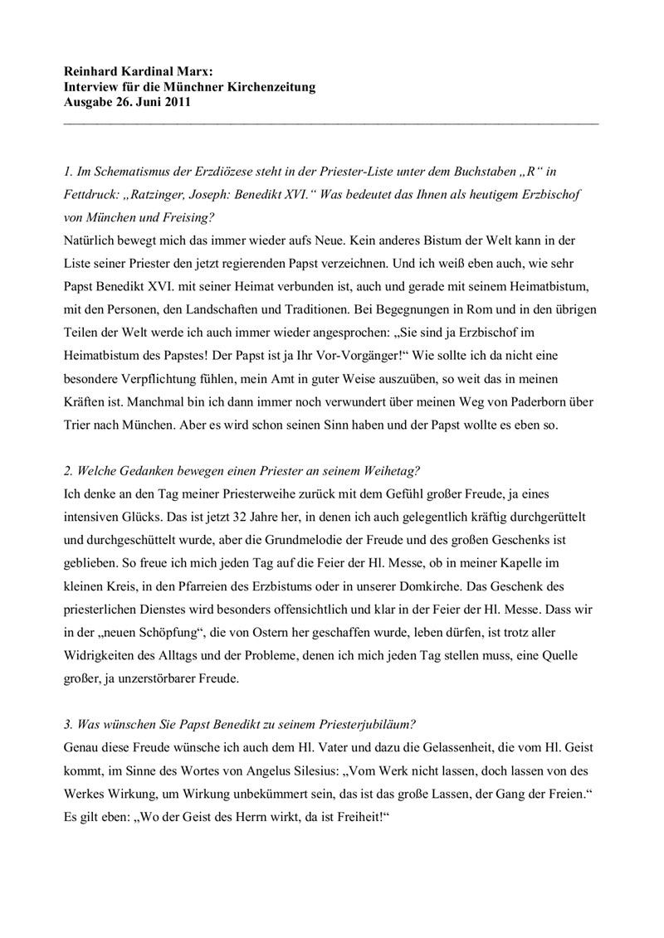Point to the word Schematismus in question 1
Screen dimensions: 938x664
129,172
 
